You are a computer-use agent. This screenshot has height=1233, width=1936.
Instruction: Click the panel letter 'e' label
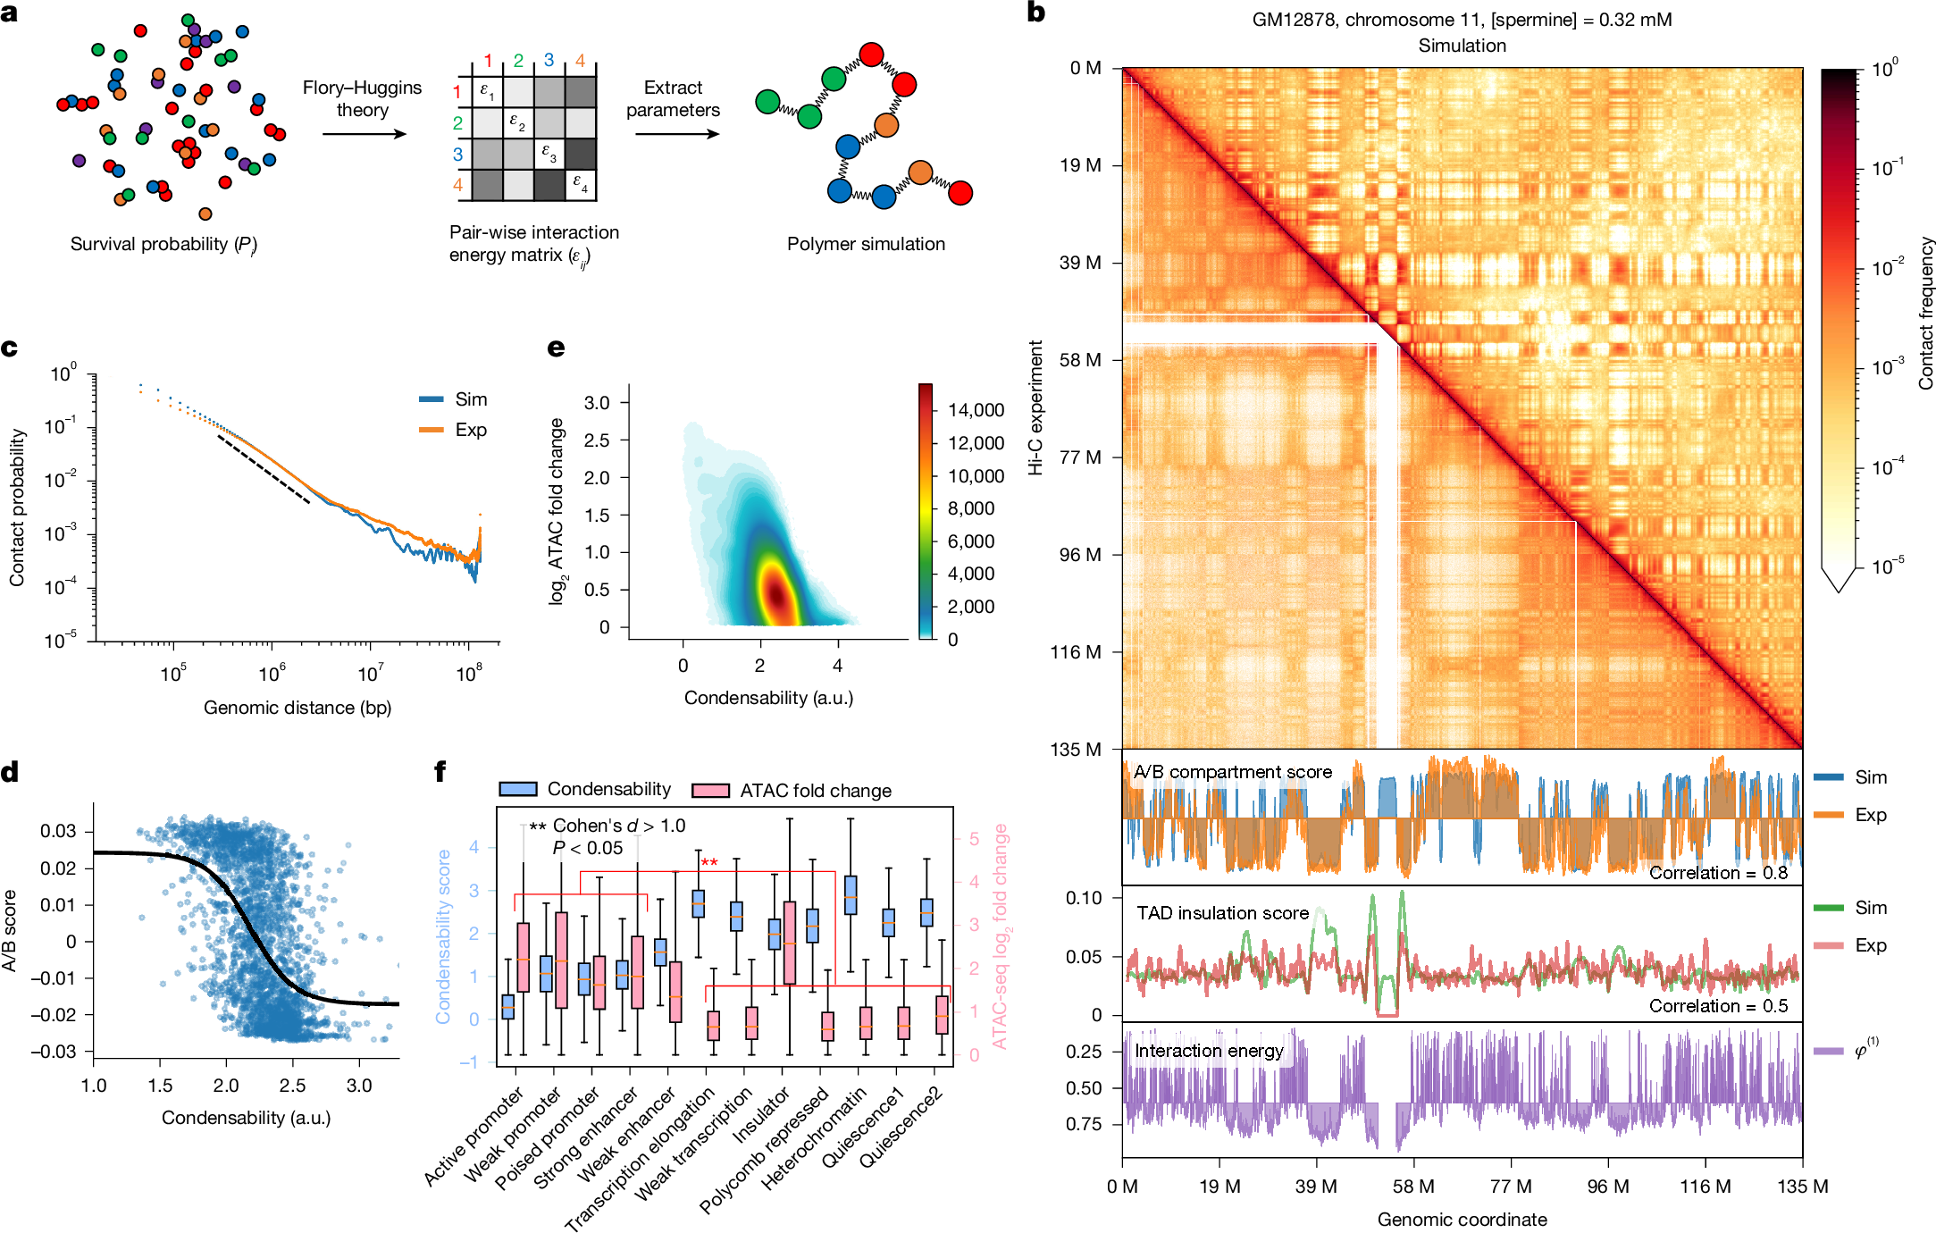coord(556,348)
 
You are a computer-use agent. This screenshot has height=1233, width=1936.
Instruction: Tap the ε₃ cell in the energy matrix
coord(549,154)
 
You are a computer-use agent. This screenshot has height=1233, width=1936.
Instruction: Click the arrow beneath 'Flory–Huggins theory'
coord(364,134)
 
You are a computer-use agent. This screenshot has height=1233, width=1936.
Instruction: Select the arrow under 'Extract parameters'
coord(676,134)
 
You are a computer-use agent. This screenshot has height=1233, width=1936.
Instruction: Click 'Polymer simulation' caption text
coord(865,244)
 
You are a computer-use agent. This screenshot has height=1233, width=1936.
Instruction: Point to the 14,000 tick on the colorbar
coord(976,410)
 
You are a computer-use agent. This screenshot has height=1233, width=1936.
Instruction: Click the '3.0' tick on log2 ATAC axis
coord(597,403)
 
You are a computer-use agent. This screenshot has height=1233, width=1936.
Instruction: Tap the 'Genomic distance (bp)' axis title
coord(298,708)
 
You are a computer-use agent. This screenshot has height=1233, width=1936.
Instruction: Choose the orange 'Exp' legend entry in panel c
coord(455,430)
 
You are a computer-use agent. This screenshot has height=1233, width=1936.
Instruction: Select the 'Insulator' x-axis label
coord(761,1114)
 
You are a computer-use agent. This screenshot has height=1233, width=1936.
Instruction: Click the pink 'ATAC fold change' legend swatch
coord(711,791)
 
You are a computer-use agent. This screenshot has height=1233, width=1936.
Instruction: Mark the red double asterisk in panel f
coord(709,862)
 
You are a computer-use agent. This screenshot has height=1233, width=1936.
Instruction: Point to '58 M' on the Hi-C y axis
coord(1080,360)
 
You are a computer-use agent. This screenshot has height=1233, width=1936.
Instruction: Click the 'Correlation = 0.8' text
coord(1718,873)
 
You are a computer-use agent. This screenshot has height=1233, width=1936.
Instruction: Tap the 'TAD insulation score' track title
coord(1222,913)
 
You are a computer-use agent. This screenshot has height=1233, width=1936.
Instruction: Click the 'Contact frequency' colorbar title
coord(1925,313)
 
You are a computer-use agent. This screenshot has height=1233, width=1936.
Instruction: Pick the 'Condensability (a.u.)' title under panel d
coord(246,1118)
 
